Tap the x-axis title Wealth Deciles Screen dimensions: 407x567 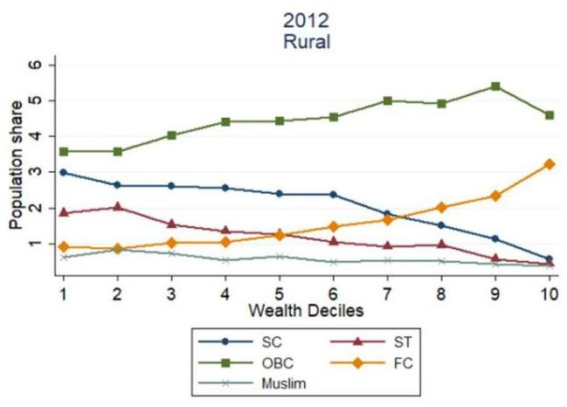304,311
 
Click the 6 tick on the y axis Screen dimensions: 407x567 37,65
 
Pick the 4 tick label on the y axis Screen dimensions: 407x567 37,136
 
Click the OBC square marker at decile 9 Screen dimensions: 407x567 494,86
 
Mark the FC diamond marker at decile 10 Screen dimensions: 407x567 548,164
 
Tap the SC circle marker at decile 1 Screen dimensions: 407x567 64,172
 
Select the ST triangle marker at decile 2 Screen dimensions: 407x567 117,207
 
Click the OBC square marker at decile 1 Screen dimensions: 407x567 64,151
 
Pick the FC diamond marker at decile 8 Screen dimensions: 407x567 440,208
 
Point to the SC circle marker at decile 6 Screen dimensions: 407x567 333,194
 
